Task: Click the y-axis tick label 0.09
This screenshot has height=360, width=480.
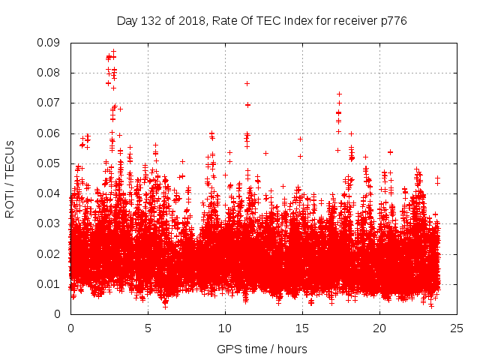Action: tap(51, 43)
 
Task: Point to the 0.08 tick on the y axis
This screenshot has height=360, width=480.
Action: tap(51, 73)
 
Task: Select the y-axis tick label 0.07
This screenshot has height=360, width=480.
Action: tap(51, 103)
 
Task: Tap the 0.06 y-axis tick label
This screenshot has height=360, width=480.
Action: tap(51, 133)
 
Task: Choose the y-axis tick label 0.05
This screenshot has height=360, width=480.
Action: tap(51, 163)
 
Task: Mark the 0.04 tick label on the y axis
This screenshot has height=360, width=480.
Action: tap(51, 193)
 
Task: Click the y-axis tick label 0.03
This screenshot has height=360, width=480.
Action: tap(51, 223)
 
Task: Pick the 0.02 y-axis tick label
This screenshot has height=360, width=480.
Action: tap(51, 253)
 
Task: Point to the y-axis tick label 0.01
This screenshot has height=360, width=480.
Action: tap(51, 283)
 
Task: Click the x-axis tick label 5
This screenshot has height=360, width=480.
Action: tap(148, 328)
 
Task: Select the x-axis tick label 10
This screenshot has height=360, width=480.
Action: tap(225, 328)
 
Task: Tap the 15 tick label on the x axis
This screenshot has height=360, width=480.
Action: tap(302, 328)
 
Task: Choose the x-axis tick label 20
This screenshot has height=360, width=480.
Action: tap(379, 328)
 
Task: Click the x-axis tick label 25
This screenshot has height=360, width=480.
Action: tap(457, 328)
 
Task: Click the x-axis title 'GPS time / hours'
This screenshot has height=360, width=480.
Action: tap(262, 349)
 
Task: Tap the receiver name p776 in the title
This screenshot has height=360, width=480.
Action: tap(392, 21)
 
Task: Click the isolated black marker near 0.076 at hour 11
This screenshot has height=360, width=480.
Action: tap(247, 83)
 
